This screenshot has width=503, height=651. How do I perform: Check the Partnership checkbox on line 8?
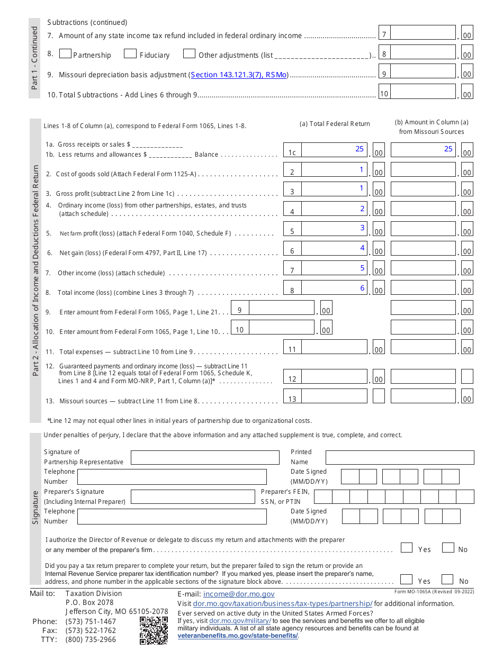[66, 53]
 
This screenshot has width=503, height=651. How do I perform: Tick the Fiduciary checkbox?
[130, 53]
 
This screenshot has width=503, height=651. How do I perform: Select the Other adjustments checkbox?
[189, 53]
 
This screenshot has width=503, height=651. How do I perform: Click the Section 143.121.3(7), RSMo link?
[239, 75]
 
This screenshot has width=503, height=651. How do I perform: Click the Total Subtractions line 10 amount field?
[423, 94]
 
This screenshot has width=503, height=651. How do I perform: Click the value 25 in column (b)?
[448, 149]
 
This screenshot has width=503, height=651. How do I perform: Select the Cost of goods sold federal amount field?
[334, 170]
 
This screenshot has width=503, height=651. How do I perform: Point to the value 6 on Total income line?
[363, 288]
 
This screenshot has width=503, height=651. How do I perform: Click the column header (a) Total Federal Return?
[335, 124]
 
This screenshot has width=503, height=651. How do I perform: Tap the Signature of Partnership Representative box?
[205, 457]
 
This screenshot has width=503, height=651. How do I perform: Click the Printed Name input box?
[399, 457]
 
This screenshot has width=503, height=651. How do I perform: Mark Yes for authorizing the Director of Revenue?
[406, 548]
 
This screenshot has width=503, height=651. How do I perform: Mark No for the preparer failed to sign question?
[447, 580]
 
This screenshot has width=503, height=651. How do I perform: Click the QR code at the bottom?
[154, 630]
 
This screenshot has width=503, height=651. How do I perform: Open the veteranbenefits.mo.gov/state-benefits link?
[238, 636]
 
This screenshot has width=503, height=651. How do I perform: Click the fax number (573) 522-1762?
[91, 630]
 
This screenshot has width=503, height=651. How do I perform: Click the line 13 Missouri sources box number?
[292, 399]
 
